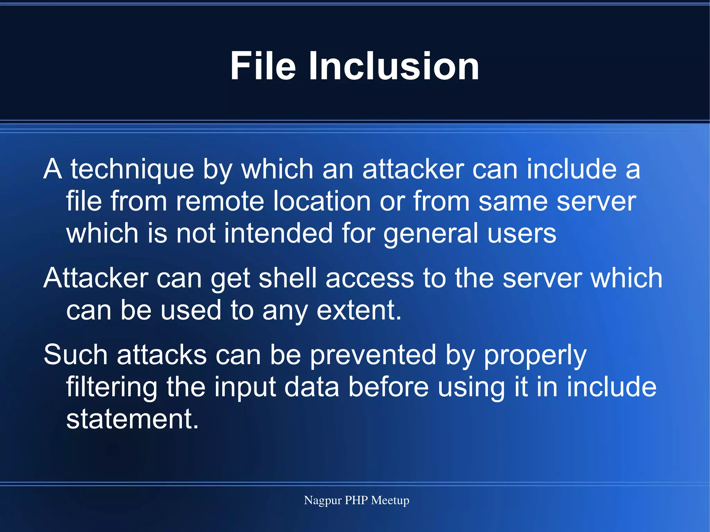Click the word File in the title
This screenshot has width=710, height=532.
coord(263,66)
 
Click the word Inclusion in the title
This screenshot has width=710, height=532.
coord(394,66)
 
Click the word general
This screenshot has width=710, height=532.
coord(431,234)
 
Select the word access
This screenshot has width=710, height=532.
coord(370,278)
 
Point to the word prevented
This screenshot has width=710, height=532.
coord(373,356)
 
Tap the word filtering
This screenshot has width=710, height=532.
coord(112,387)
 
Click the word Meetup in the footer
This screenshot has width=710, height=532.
coord(390,500)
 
